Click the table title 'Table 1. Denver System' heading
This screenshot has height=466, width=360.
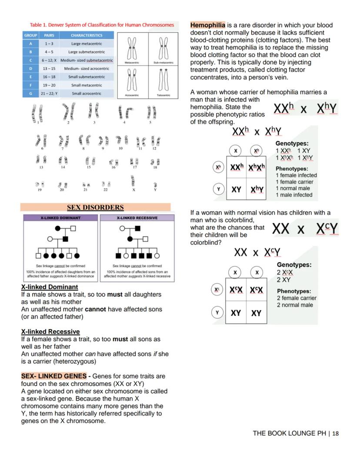coord(102,25)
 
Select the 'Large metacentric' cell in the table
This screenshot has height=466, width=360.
coord(87,44)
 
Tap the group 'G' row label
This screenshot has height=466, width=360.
coord(30,94)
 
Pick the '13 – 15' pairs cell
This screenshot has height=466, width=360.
coord(49,69)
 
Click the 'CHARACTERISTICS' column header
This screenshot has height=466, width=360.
coord(87,35)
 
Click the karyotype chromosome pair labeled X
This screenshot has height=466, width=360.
coord(133,183)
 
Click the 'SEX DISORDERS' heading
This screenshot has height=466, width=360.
coord(95,208)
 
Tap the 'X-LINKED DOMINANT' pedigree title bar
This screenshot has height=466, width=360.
coord(60,218)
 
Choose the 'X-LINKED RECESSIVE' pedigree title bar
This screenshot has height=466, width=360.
coord(137,218)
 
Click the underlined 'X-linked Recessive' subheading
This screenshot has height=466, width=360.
coord(50,332)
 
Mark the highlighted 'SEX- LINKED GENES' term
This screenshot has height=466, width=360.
coord(53,376)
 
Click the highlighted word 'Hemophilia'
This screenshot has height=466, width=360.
coord(207,25)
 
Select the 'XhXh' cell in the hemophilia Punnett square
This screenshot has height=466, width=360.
coord(256,168)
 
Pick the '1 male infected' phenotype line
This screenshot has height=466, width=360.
coord(294,195)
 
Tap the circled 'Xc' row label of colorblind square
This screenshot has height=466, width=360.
coord(217,289)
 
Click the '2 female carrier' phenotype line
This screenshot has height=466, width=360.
coord(297,298)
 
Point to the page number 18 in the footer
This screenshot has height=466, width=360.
coord(335,433)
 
